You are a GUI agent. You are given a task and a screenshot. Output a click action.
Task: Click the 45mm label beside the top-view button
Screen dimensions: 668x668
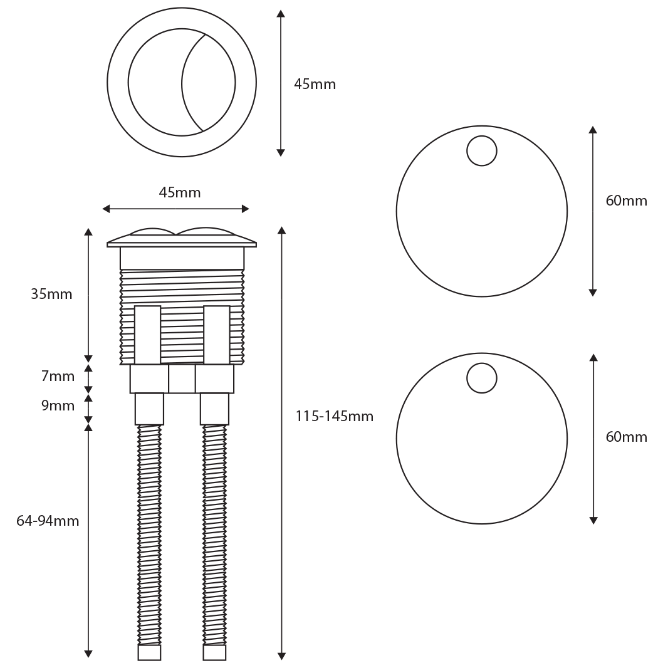pos(315,85)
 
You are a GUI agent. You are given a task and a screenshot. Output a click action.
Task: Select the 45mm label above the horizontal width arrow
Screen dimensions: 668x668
pos(180,193)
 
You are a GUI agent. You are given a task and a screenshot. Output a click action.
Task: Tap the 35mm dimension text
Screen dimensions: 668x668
pos(51,294)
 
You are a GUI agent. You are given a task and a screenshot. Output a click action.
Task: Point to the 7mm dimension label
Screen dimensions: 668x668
pos(58,377)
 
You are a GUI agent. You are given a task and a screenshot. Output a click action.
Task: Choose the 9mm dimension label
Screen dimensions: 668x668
pos(58,406)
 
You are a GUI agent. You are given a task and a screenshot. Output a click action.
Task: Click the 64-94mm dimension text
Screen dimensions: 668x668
pos(48,521)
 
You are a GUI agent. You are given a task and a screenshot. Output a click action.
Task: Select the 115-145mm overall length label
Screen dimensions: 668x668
pos(334,416)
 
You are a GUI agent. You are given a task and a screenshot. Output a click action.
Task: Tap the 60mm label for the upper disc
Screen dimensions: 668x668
pos(626,201)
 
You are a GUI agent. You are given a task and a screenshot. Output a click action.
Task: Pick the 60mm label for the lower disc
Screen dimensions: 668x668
pos(626,437)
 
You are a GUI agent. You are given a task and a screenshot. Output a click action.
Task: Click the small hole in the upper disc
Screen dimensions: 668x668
pos(482,151)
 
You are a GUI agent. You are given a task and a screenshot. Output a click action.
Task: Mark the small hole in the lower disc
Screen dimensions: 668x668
pos(482,378)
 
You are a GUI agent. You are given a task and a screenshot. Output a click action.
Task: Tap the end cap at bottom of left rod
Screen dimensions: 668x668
pos(149,652)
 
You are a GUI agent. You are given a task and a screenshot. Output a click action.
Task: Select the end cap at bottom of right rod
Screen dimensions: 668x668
pos(214,652)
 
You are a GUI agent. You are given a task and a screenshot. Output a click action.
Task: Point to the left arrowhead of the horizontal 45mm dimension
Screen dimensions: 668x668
pos(106,209)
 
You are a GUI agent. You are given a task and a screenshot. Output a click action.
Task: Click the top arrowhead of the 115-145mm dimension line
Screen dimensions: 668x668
pos(281,230)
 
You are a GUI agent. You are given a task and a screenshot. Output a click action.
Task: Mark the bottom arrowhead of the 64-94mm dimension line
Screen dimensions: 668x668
pos(88,654)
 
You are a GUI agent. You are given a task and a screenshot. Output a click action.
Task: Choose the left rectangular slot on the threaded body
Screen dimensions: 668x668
pos(147,335)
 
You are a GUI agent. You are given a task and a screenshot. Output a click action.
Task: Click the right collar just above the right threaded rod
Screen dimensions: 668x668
pos(214,409)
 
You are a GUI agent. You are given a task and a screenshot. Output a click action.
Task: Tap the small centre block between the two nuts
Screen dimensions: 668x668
pos(182,379)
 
